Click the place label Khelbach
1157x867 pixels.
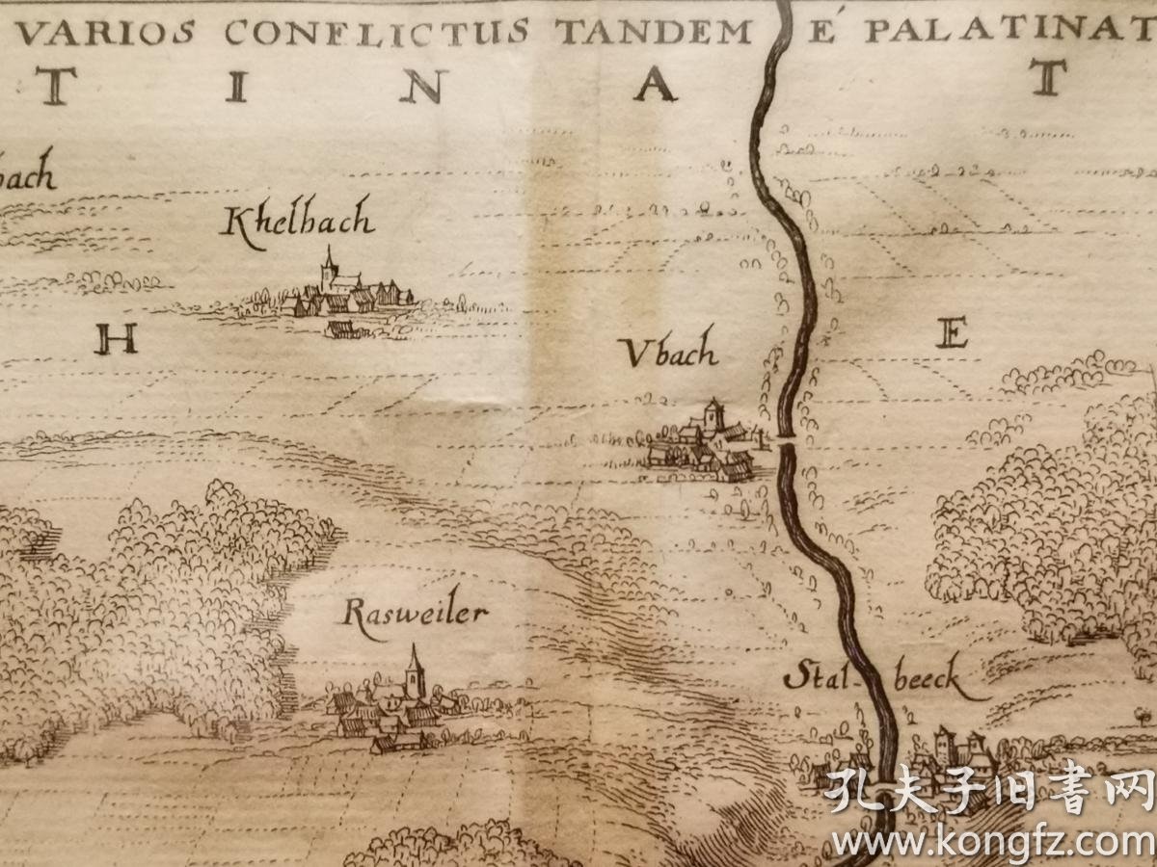click(297, 223)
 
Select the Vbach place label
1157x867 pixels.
click(671, 354)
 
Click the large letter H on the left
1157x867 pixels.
click(116, 340)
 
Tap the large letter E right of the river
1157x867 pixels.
click(951, 335)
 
